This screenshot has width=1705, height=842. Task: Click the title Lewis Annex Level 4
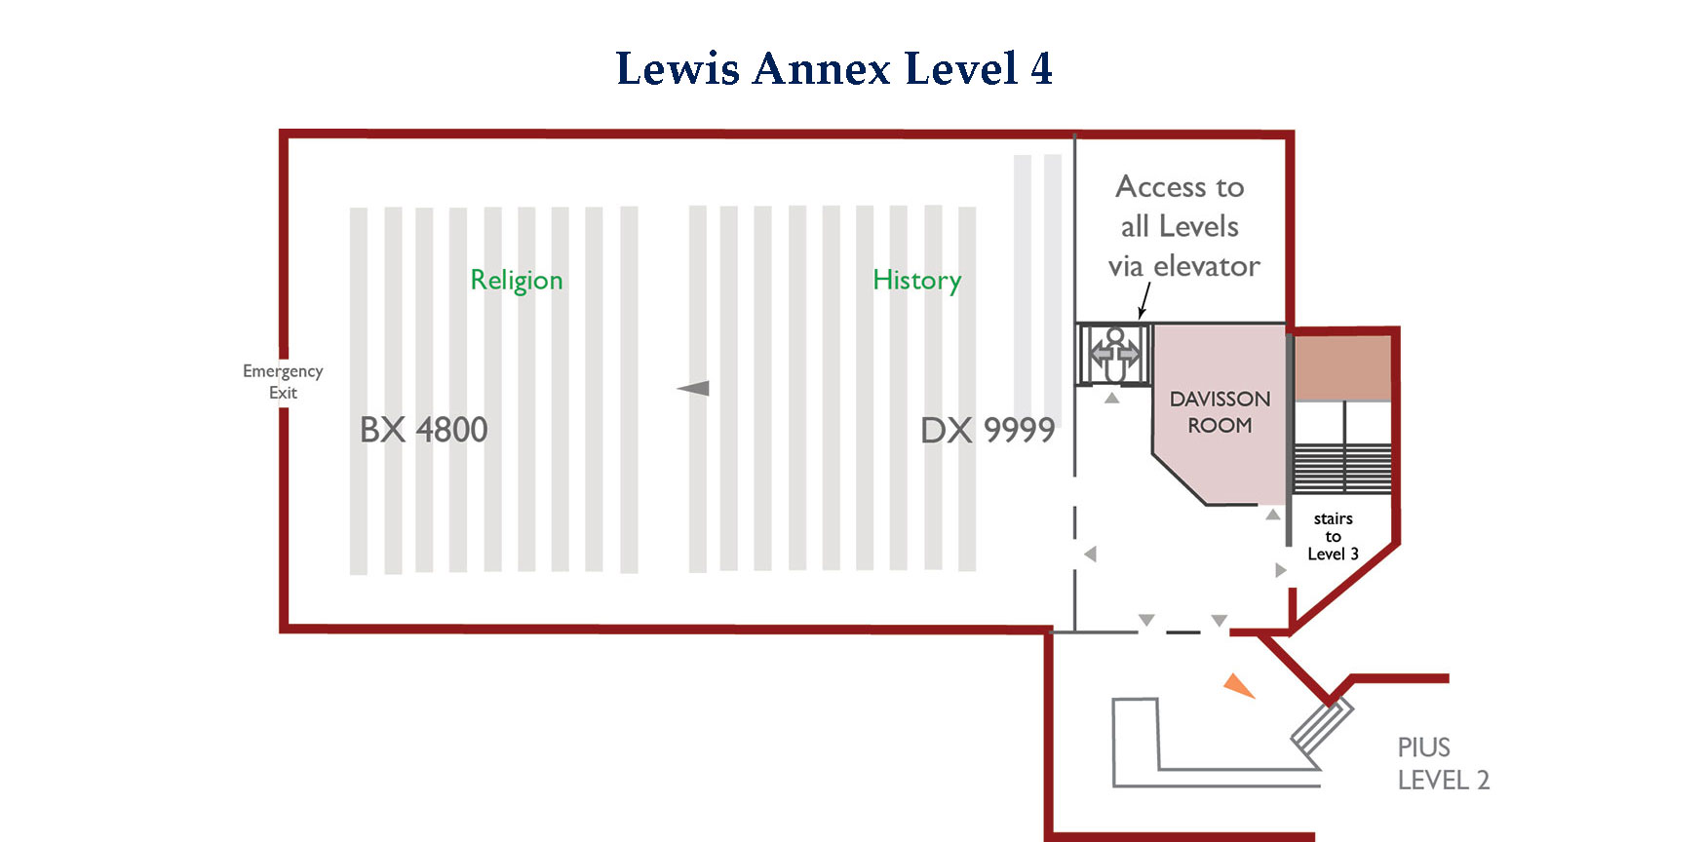[833, 68]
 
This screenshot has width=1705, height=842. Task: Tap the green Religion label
[517, 281]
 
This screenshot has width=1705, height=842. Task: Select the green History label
[916, 281]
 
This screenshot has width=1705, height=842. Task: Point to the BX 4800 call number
[423, 430]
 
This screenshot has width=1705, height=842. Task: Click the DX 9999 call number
[988, 430]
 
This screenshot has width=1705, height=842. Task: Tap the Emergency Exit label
[283, 381]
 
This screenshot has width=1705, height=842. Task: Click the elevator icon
[1114, 355]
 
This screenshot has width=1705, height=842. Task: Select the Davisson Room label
[1220, 411]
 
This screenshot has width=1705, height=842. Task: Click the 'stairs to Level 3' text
[1333, 536]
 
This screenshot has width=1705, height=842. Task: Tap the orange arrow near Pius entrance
[1238, 686]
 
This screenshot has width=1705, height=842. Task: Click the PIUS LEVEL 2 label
[1443, 763]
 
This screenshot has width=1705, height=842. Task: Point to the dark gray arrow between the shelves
[693, 388]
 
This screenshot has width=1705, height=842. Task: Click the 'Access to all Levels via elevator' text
[1182, 226]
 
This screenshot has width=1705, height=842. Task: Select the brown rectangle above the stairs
[1342, 367]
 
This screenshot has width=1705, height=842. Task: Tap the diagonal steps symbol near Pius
[1322, 727]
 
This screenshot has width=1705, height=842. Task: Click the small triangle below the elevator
[1111, 398]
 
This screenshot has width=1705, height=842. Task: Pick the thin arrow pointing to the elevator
[1144, 300]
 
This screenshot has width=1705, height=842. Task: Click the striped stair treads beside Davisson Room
[1342, 469]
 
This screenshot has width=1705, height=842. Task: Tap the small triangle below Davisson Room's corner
[1273, 514]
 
